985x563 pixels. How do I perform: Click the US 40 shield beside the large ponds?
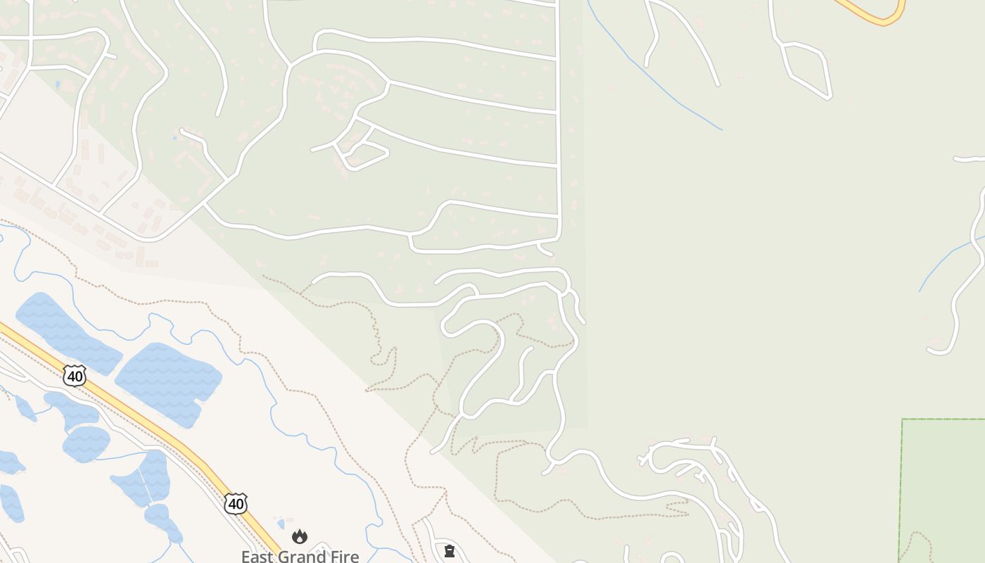pyautogui.click(x=75, y=376)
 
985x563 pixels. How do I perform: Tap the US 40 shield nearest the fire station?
pyautogui.click(x=236, y=503)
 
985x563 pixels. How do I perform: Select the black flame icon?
pyautogui.click(x=300, y=537)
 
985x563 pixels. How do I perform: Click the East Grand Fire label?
pyautogui.click(x=300, y=556)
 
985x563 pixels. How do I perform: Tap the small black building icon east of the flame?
pyautogui.click(x=450, y=551)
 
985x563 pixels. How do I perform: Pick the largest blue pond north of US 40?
pyautogui.click(x=169, y=384)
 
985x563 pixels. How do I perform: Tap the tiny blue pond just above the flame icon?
pyautogui.click(x=281, y=524)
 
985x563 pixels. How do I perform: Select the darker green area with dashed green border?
pyautogui.click(x=943, y=486)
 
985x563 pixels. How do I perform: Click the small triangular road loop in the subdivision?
pyautogui.click(x=362, y=151)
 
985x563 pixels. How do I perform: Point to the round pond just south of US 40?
pyautogui.click(x=87, y=443)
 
